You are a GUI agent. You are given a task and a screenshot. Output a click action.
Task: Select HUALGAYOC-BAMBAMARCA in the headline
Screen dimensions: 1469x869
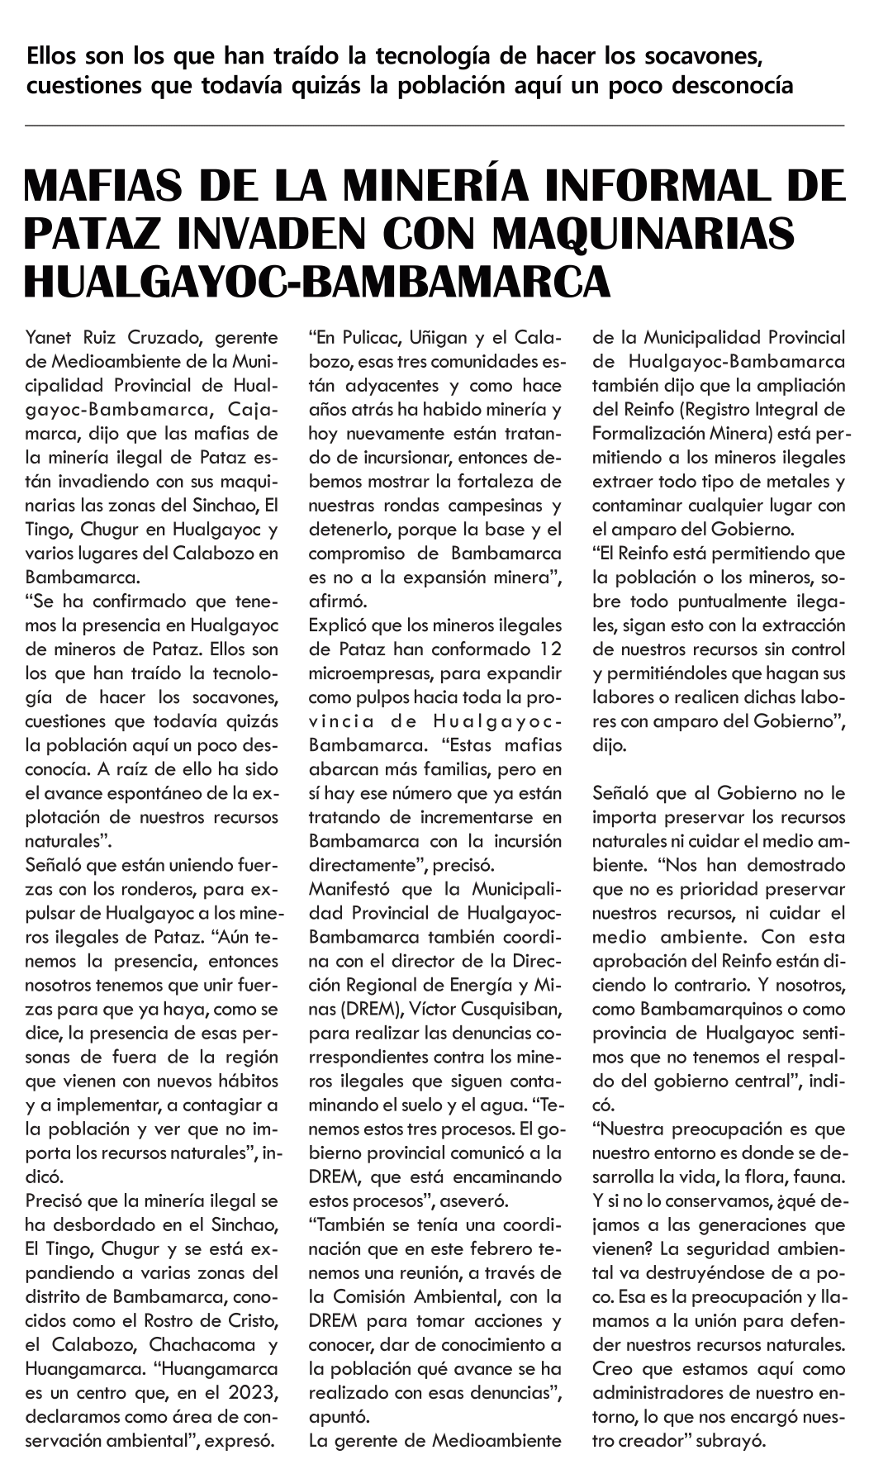coord(318,281)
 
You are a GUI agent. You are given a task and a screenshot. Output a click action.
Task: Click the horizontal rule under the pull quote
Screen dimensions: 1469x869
coord(434,125)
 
